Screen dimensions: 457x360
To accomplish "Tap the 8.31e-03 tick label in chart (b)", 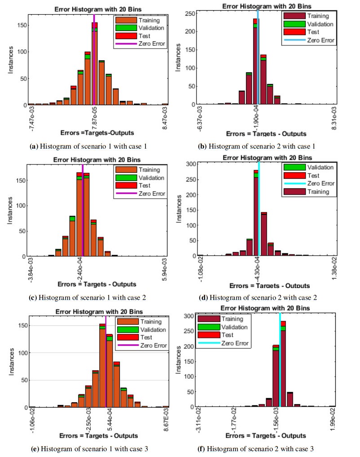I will point(334,118).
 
